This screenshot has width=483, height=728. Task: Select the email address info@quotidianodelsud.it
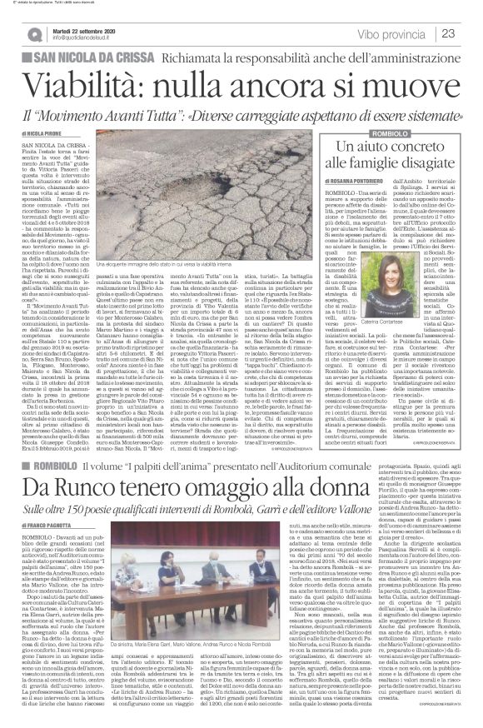coord(86,37)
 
